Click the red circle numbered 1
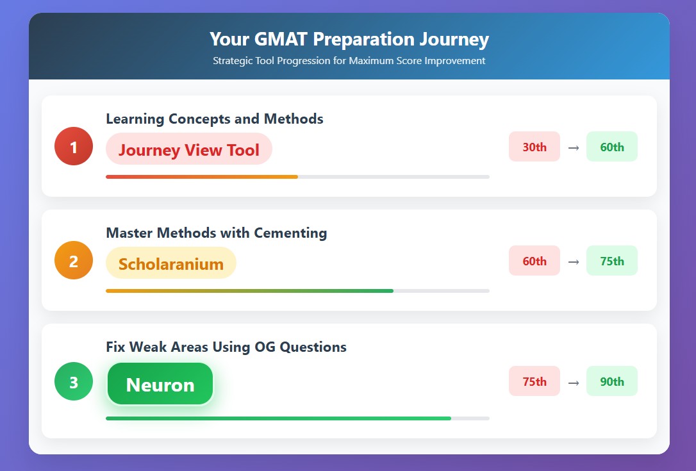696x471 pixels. tap(74, 146)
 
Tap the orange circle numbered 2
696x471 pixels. tap(74, 260)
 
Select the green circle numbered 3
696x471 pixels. tap(74, 381)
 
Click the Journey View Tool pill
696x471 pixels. tap(188, 149)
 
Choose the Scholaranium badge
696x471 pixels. tap(171, 263)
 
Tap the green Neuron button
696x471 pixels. tap(160, 384)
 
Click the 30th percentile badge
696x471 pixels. tap(534, 147)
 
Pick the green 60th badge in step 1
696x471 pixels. tap(612, 147)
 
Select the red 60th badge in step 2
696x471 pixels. tap(534, 261)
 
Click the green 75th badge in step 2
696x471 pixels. tap(612, 261)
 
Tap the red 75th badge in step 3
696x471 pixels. tap(534, 381)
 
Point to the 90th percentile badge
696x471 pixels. tap(612, 381)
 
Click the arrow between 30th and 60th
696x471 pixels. tap(574, 148)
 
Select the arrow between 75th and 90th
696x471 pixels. tap(574, 383)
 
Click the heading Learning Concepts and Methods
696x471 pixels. tap(215, 119)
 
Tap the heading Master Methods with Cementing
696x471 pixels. tap(217, 233)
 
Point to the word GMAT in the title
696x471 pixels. tap(281, 39)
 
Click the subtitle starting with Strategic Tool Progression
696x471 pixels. tap(349, 61)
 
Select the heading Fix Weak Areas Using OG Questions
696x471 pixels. tap(226, 347)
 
